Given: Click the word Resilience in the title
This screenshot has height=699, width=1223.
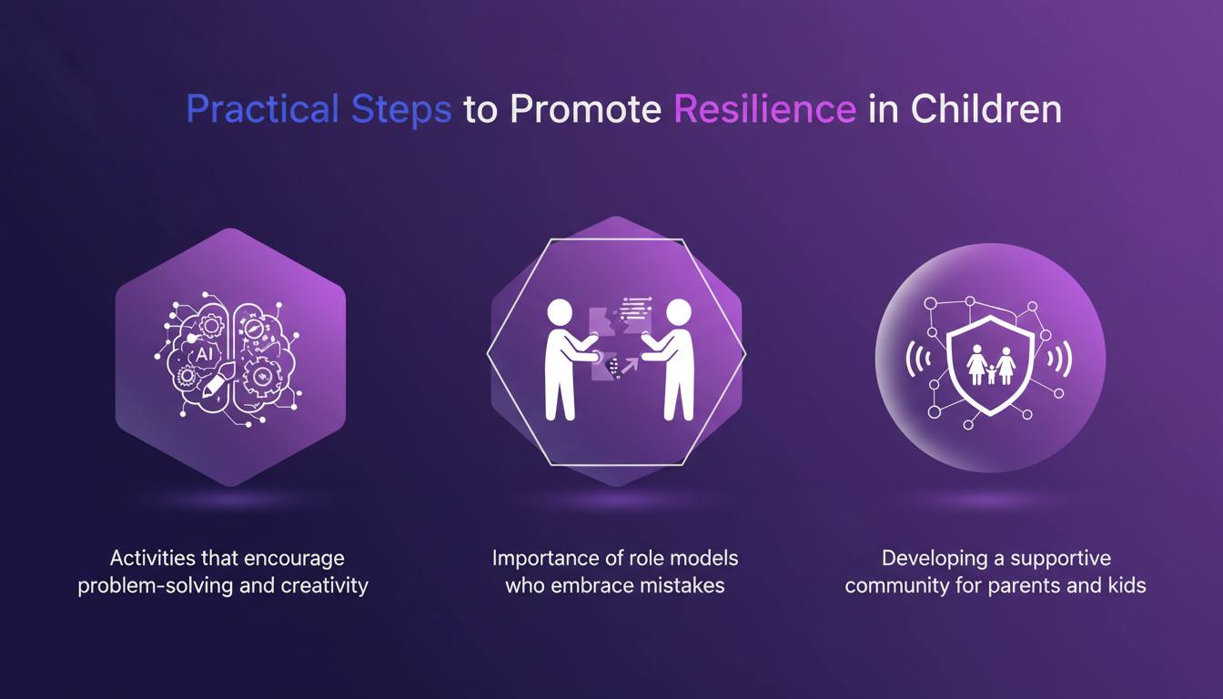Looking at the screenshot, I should point(764,109).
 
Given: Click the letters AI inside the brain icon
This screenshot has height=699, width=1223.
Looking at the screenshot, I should point(202,351).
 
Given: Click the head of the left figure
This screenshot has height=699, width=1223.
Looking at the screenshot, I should point(560,314).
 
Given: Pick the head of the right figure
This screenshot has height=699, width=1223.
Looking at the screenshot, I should point(678,314).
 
